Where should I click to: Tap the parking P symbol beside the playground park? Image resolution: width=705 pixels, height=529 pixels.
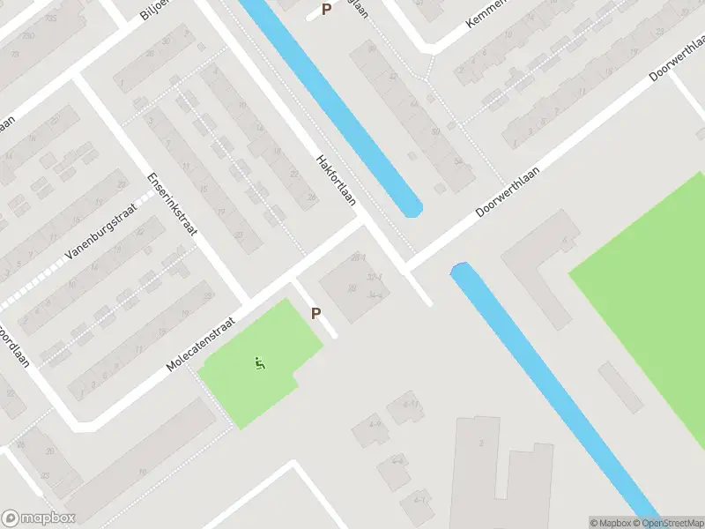(x=315, y=313)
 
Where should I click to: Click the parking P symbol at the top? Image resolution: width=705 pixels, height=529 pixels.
(x=327, y=10)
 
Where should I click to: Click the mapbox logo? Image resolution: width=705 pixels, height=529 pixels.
(x=37, y=518)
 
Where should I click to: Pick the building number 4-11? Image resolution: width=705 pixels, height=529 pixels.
(x=410, y=405)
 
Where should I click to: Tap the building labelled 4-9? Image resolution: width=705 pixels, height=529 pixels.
(x=375, y=424)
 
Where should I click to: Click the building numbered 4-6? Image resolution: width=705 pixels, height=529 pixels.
(x=397, y=460)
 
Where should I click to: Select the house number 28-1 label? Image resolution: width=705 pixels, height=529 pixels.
(x=358, y=257)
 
